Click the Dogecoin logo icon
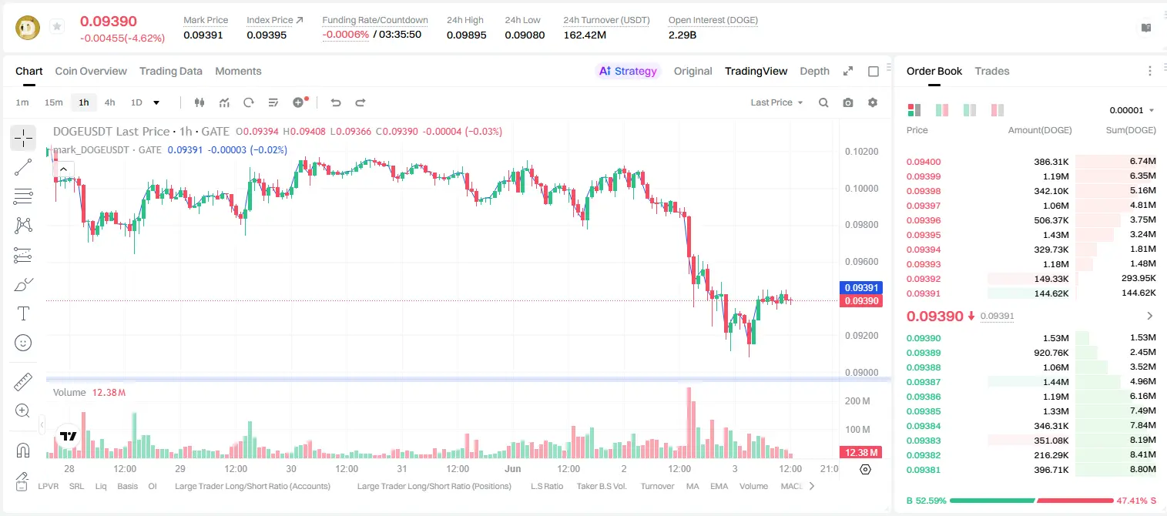click(28, 28)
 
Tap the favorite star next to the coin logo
click(57, 26)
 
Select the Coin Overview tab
click(91, 72)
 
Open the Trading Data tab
click(171, 72)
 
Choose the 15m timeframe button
click(54, 102)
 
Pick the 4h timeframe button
click(109, 102)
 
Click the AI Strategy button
click(628, 72)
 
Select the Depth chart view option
click(814, 72)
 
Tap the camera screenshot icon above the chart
click(848, 102)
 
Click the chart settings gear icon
click(873, 102)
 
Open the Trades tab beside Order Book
click(992, 72)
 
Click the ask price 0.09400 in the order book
click(924, 162)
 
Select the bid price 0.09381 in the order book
click(924, 471)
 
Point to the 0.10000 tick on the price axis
click(862, 189)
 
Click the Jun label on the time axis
click(513, 468)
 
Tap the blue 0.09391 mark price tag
click(861, 288)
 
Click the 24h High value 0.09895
click(466, 35)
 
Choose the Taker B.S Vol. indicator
click(602, 486)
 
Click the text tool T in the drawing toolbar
click(23, 314)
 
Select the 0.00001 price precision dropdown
click(1132, 110)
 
